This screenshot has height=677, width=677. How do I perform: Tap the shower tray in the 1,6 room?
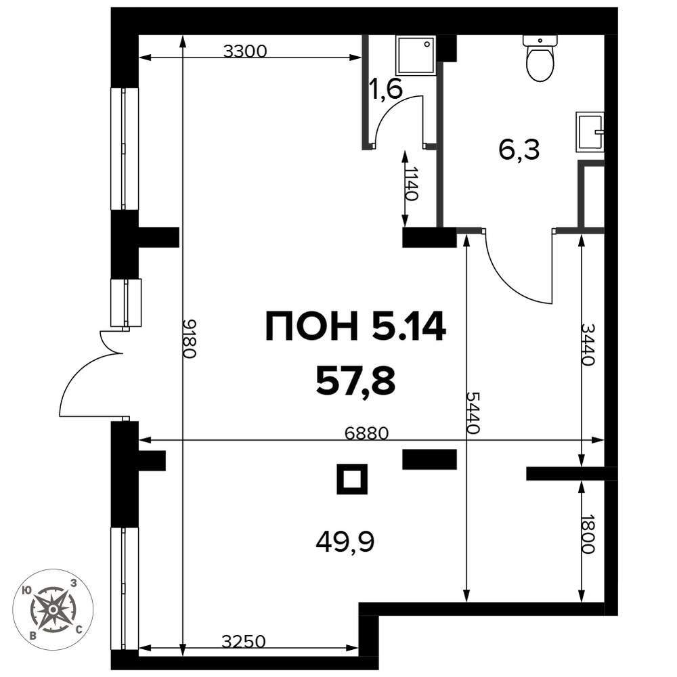pos(416,56)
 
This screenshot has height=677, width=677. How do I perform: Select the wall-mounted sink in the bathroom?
pos(590,132)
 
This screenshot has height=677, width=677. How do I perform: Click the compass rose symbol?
pos(53,609)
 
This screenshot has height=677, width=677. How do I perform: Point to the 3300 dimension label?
pos(245,51)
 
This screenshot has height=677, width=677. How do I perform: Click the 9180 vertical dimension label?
pos(190,339)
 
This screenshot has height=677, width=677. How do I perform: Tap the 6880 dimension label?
pos(367,433)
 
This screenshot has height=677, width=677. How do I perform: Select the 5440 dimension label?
pos(473,413)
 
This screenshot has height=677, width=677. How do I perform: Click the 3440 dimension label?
pos(588,344)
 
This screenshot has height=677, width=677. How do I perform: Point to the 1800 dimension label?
pos(588,534)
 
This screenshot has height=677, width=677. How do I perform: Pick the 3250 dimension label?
pos(244,642)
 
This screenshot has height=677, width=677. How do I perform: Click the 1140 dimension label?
pos(412,184)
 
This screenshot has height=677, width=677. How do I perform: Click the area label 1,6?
pos(386,89)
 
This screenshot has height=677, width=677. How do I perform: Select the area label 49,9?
pos(345,542)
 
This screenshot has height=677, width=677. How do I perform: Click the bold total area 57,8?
pos(355,383)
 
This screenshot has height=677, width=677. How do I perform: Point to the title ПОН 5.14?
pos(355,326)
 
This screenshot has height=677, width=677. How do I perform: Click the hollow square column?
pos(352,479)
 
